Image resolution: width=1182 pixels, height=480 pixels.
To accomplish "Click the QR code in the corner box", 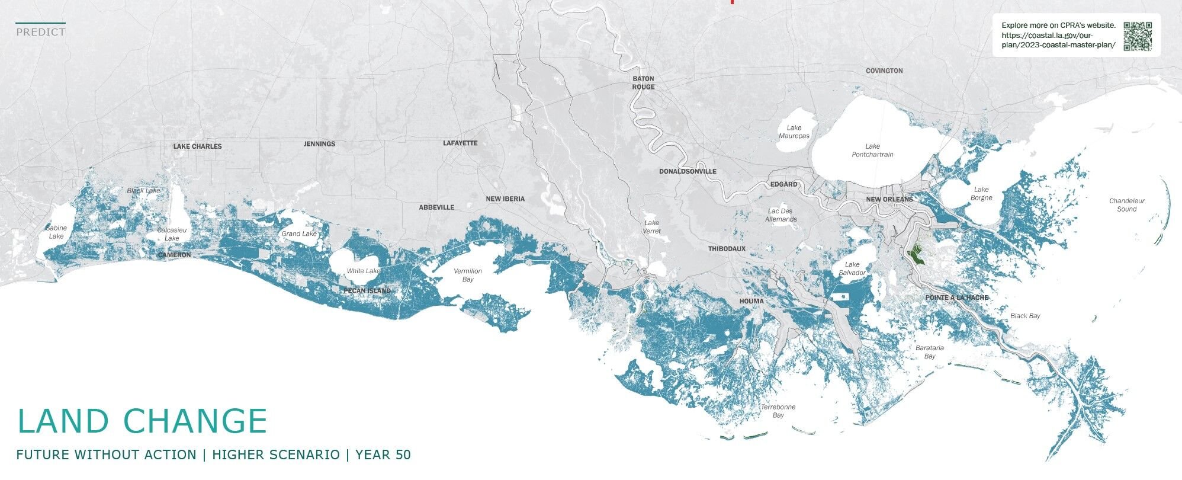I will click(1138, 36).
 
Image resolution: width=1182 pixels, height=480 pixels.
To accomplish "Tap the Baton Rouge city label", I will click(643, 82).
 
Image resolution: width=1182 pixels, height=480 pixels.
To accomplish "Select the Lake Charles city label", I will click(197, 146).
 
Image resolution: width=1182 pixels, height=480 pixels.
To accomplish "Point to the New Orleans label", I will click(889, 199).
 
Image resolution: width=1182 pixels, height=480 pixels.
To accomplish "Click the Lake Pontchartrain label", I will click(872, 151).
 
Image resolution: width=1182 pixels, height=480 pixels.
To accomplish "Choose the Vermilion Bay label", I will click(468, 275).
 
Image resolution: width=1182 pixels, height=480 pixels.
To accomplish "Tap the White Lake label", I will click(364, 271).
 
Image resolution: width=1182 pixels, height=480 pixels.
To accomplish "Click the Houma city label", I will click(751, 301).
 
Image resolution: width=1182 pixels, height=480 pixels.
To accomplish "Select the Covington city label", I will click(884, 71).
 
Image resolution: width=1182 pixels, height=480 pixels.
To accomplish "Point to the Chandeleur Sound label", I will click(1126, 204).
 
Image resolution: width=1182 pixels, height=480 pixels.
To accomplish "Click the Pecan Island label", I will click(367, 291).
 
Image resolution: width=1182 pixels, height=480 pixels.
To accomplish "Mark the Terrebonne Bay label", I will click(778, 411).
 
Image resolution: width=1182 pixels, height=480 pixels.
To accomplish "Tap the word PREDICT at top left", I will click(40, 32).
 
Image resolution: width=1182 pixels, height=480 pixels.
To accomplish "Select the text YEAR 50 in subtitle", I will click(383, 455).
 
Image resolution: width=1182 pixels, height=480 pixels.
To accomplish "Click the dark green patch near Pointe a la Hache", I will click(917, 255).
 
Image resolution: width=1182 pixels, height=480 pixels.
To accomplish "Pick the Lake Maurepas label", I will click(794, 132).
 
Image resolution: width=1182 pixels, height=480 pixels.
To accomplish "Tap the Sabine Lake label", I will click(56, 232).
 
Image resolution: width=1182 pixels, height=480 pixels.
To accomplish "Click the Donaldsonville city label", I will click(688, 171).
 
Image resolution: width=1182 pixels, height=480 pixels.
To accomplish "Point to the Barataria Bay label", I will click(929, 352).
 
